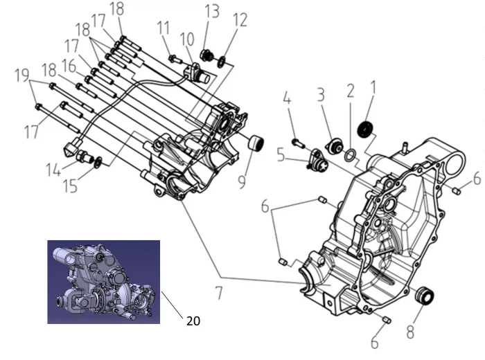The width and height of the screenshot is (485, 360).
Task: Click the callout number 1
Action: pos(373,87)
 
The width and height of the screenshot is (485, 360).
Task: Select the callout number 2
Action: pos(351,90)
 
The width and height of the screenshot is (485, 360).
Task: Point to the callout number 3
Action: pos(321,94)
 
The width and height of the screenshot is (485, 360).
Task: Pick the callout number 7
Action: pos(219,294)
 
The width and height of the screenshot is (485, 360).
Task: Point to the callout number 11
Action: pos(164,28)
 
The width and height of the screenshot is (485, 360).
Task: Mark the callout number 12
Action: pos(240,19)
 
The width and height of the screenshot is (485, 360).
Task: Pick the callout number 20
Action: pos(193,320)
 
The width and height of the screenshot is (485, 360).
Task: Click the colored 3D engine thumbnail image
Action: pos(103,282)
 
